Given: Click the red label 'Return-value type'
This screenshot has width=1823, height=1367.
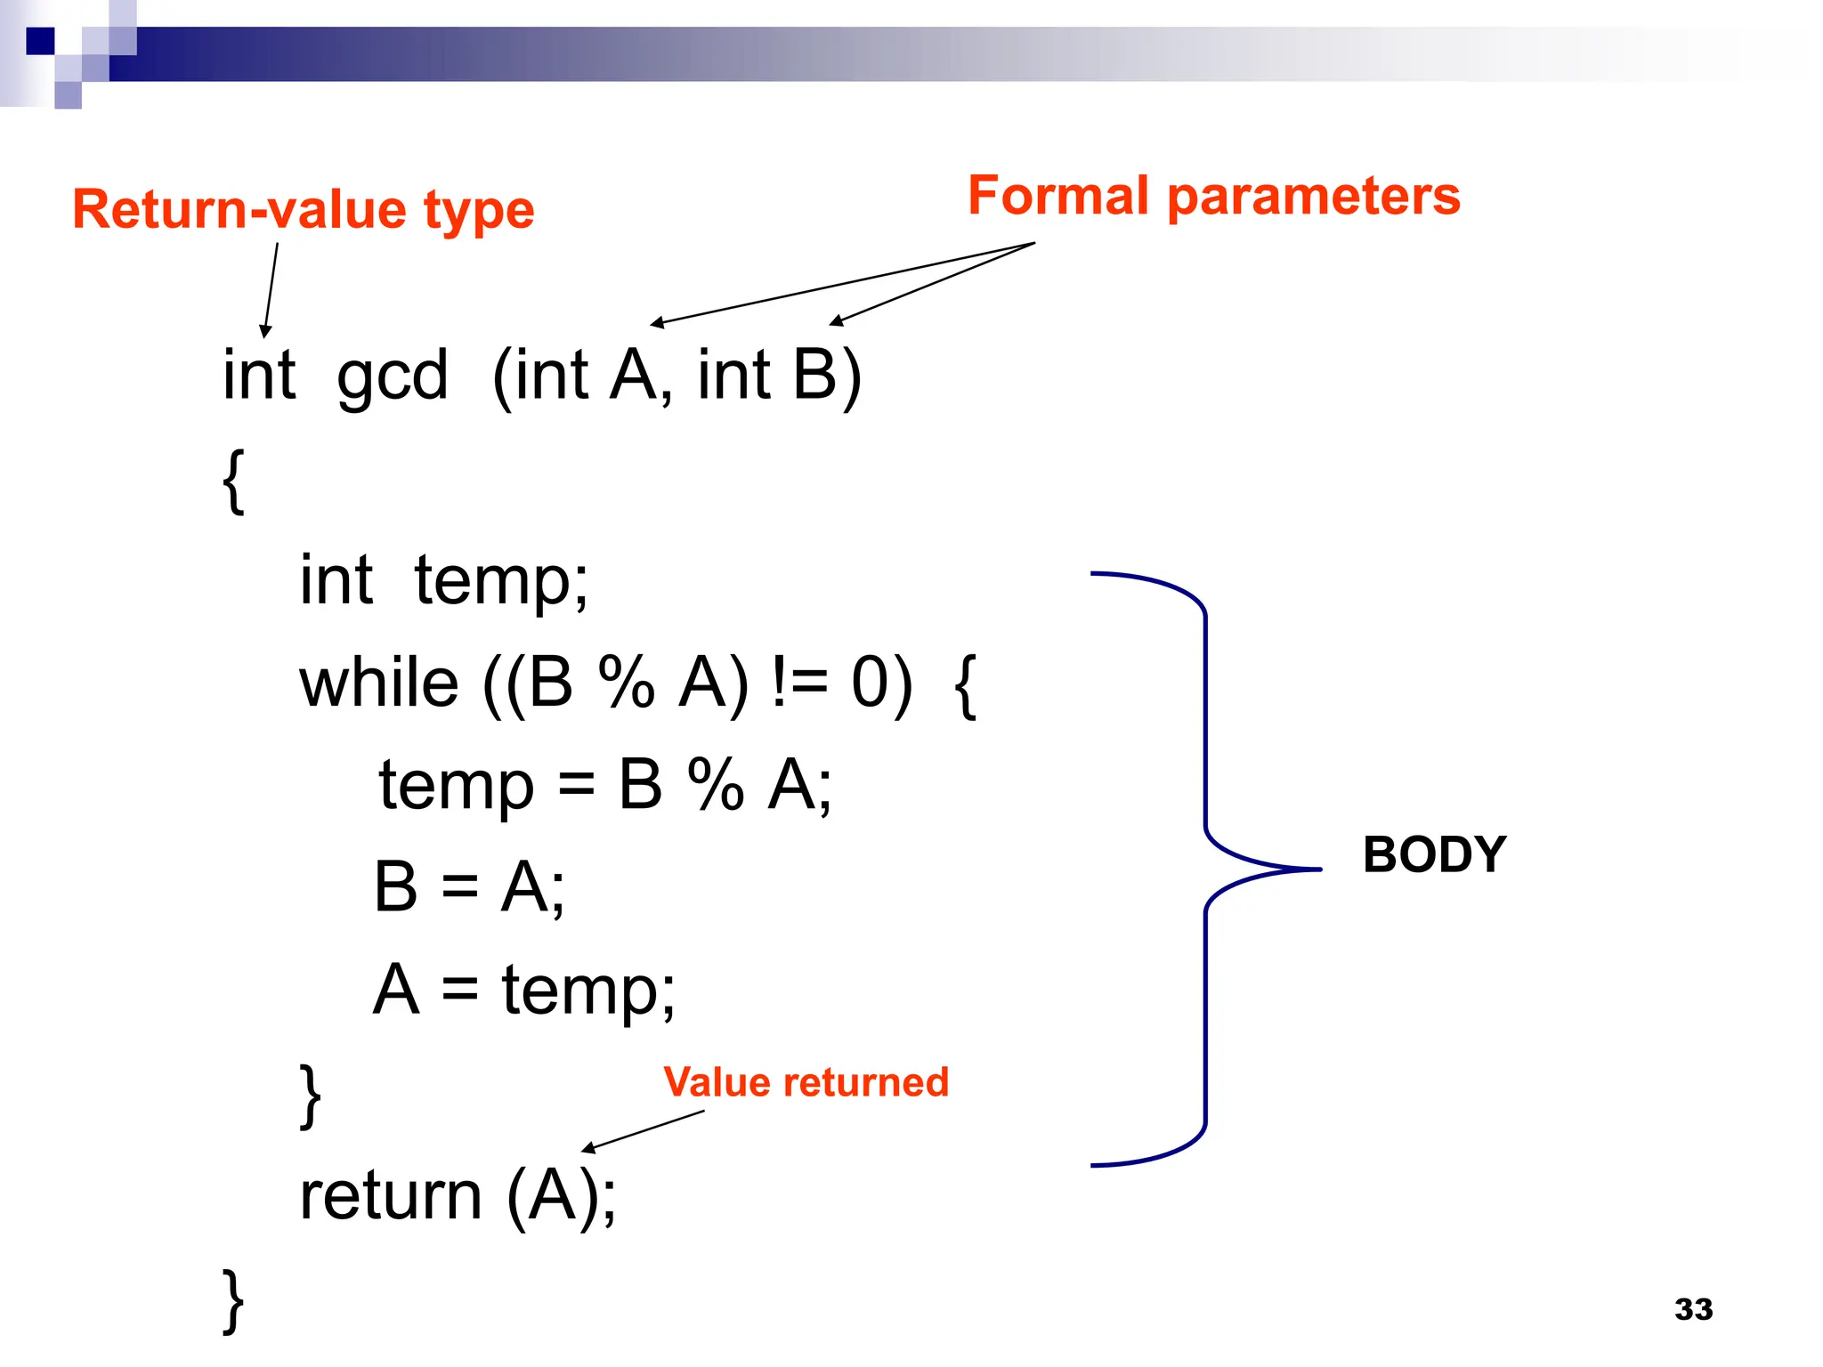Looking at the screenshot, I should (303, 210).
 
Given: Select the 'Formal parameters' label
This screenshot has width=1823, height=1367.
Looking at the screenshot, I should (1213, 196).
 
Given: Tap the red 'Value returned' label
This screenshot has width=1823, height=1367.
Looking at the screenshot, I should (806, 1082).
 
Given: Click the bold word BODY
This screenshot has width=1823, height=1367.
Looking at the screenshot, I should (1434, 854).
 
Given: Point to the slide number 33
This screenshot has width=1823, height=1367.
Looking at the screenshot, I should (1693, 1309).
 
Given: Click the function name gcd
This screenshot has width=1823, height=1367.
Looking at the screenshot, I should (392, 376).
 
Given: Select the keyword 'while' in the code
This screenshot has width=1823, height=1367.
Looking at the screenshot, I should (378, 683).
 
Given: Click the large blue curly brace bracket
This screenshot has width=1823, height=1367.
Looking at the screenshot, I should (1205, 869).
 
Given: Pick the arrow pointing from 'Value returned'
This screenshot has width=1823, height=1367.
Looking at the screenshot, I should (643, 1131).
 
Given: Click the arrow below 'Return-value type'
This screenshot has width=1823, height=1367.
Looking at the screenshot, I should (271, 289).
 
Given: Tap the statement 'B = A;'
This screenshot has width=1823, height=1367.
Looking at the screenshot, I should (469, 887).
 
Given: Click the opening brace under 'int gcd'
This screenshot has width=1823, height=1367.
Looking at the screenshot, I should (233, 481).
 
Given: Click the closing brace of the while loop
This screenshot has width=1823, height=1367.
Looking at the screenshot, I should (310, 1096).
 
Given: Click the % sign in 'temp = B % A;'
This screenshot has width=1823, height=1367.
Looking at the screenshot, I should (715, 785).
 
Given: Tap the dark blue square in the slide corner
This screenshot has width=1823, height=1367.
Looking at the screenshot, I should (40, 41).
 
